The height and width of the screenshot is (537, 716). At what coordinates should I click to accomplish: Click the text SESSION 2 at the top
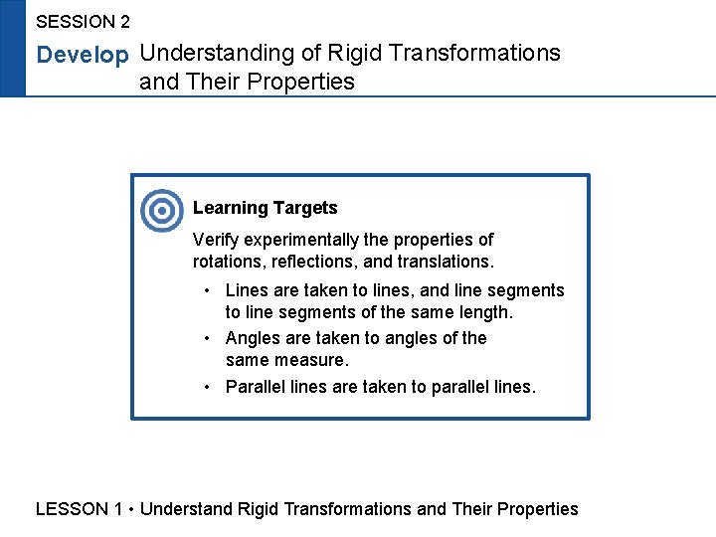coord(83,21)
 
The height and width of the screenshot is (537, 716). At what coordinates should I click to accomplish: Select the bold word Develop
coord(83,56)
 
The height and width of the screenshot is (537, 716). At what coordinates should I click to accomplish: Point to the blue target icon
coord(161,211)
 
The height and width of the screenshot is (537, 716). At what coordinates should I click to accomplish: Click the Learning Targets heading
coord(265,208)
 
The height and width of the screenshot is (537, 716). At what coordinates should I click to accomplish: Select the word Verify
coord(215,240)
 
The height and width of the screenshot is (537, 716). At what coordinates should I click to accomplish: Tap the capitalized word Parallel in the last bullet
coord(254,387)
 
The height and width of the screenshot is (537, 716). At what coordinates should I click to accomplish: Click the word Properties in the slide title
coord(307,82)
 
